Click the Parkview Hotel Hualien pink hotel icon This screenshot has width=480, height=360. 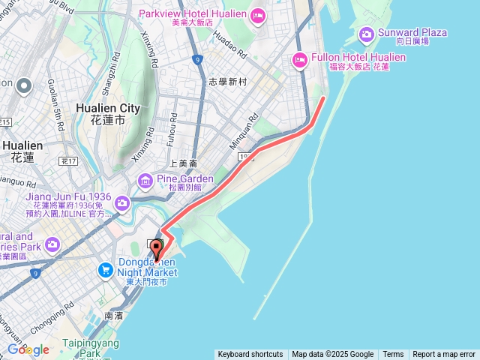(x=257, y=15)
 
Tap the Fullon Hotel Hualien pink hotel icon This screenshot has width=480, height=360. (x=299, y=60)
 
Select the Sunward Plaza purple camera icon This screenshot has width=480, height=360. (x=366, y=34)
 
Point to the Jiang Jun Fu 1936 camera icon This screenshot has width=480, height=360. (x=121, y=203)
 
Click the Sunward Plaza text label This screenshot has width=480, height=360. (x=414, y=32)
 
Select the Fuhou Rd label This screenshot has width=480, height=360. (x=172, y=127)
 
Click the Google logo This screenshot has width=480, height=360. (x=28, y=349)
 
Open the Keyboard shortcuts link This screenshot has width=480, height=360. (x=250, y=355)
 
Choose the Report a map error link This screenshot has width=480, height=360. (x=444, y=355)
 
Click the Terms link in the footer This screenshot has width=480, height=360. (x=393, y=355)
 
